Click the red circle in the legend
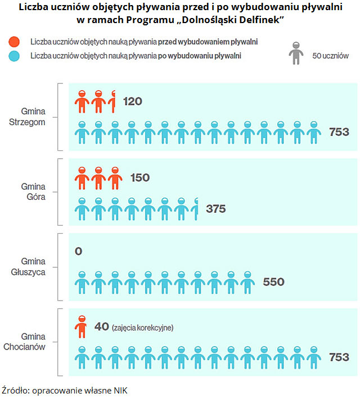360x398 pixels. click(x=15, y=42)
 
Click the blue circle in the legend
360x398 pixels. click(x=15, y=56)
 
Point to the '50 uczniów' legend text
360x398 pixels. click(x=330, y=56)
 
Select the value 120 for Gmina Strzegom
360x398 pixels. click(x=132, y=101)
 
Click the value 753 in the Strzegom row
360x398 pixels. click(x=339, y=132)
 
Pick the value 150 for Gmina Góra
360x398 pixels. click(x=139, y=178)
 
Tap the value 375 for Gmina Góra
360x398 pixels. click(x=215, y=209)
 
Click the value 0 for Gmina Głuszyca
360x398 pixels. click(x=78, y=251)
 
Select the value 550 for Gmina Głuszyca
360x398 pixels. click(x=273, y=282)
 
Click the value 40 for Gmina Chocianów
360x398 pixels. click(x=101, y=327)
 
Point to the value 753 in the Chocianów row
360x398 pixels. click(x=339, y=357)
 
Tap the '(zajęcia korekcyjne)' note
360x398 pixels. click(x=142, y=328)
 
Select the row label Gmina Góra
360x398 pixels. click(x=33, y=192)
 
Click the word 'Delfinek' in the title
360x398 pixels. click(x=256, y=20)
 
